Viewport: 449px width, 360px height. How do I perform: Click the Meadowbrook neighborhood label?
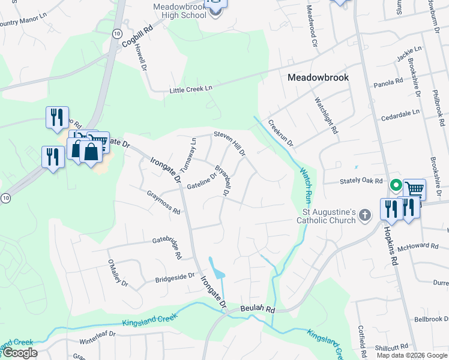tap(318, 77)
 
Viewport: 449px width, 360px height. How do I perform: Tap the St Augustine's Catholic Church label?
tap(330, 216)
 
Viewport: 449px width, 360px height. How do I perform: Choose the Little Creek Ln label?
tap(191, 88)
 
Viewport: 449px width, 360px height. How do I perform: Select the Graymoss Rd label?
tap(164, 202)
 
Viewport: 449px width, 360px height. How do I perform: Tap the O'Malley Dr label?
tap(116, 272)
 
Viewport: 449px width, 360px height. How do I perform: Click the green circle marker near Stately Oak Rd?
tap(396, 185)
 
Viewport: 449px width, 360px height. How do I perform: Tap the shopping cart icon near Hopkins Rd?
tap(414, 189)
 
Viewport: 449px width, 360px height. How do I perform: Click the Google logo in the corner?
tap(20, 353)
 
